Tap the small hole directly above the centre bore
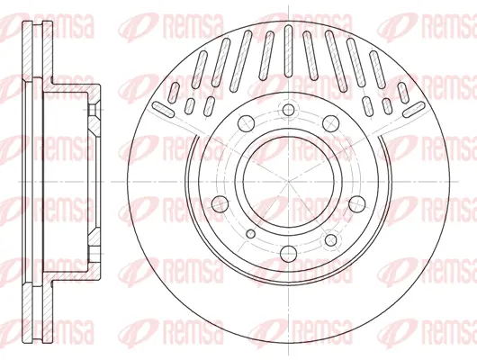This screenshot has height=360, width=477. [x=288, y=111]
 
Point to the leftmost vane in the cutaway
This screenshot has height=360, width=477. [x=165, y=107]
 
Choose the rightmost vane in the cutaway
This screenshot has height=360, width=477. [x=413, y=108]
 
